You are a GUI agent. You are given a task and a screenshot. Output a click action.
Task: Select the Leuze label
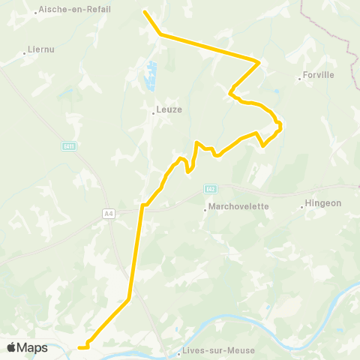tap(169, 109)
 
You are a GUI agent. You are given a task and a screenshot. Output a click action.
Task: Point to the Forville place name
tap(319, 75)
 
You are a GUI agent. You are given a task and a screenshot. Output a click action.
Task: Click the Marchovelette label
tap(238, 208)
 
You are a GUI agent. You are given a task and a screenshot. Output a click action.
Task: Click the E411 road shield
tap(68, 145)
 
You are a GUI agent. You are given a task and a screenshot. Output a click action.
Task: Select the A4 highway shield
tap(109, 214)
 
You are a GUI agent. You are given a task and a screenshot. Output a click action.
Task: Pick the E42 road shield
tap(211, 188)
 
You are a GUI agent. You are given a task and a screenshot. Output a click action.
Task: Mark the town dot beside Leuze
tap(153, 113)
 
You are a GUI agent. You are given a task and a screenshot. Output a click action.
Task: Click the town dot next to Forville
tap(299, 79)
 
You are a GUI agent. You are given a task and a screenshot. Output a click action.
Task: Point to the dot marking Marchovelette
tap(205, 211)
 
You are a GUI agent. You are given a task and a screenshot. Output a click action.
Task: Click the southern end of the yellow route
tap(79, 347)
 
